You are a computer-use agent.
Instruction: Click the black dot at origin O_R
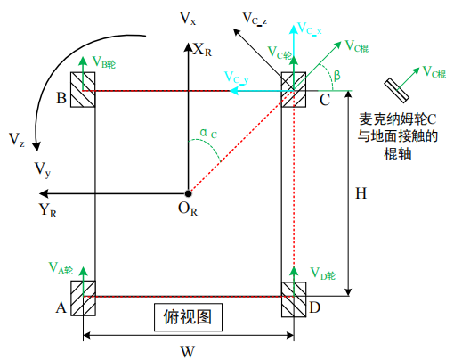pyautogui.click(x=187, y=192)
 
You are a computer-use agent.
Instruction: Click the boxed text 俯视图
pyautogui.click(x=186, y=315)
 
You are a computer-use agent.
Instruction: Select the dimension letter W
pyautogui.click(x=187, y=350)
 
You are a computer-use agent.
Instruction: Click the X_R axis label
pyautogui.click(x=206, y=49)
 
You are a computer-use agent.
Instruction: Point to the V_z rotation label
pyautogui.click(x=17, y=139)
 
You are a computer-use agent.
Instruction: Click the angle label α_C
pyautogui.click(x=207, y=135)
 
